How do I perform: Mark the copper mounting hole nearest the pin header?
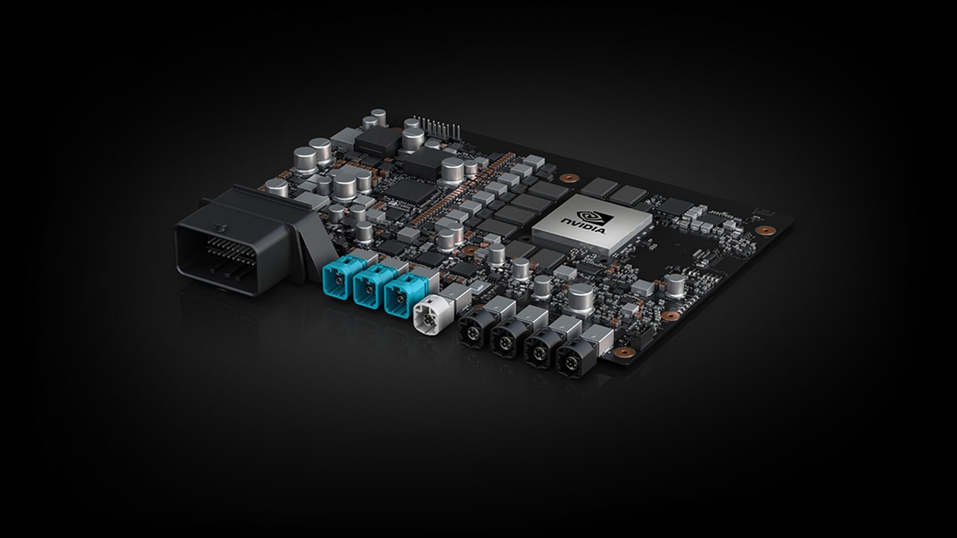point(566,177)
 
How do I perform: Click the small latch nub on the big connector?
point(218,228)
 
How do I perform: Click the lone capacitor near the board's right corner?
point(676,283)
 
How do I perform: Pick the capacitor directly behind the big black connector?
point(276,188)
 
